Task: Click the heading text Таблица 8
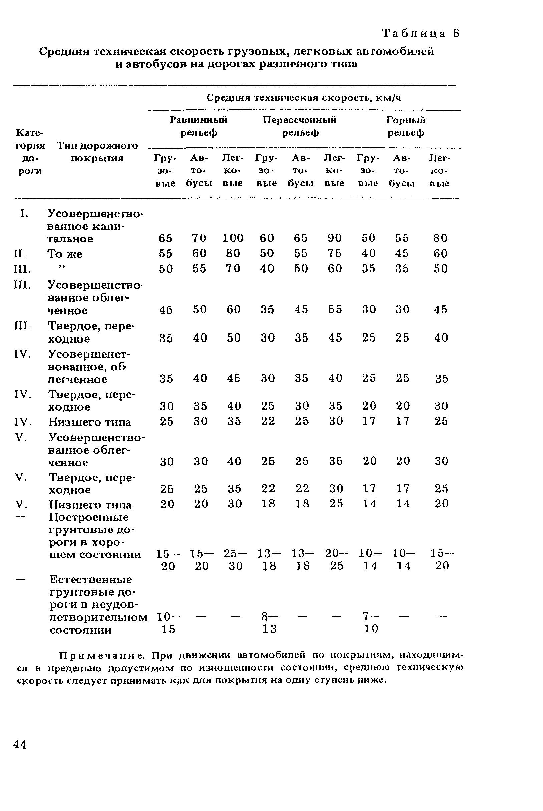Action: pos(420,34)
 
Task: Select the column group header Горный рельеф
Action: pos(406,126)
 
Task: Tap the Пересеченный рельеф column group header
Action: pos(300,126)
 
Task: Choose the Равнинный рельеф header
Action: pos(199,126)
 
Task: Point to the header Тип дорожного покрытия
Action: pos(97,152)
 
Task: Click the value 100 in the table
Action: pos(233,238)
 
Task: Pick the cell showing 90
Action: pos(335,238)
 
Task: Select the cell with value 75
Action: pos(335,253)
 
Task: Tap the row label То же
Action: pos(65,254)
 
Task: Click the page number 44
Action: pos(20,745)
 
